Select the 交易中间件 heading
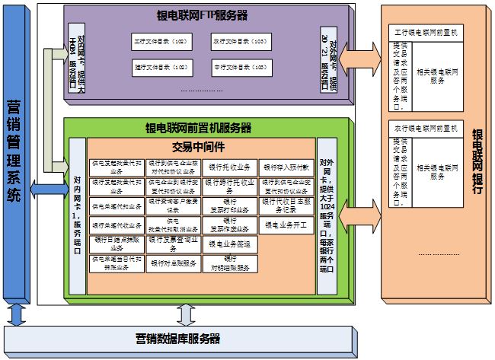[x=200, y=145]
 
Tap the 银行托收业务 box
[x=229, y=167]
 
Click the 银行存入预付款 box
[x=286, y=167]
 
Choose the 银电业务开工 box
[x=286, y=225]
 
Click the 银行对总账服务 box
[x=174, y=263]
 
